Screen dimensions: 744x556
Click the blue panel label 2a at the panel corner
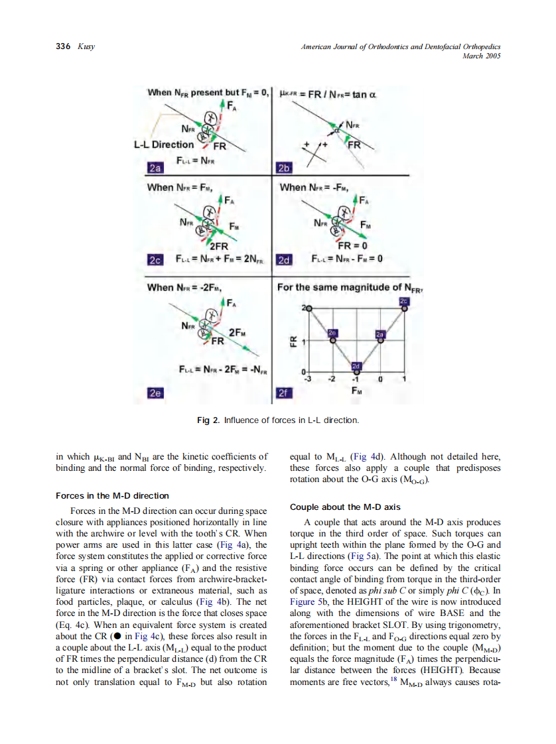(156, 167)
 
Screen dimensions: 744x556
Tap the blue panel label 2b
(282, 167)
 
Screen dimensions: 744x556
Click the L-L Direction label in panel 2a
(164, 145)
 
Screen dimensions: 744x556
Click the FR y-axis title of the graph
(292, 342)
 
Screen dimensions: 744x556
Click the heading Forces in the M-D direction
(112, 495)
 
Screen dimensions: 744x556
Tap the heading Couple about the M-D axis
(345, 507)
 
